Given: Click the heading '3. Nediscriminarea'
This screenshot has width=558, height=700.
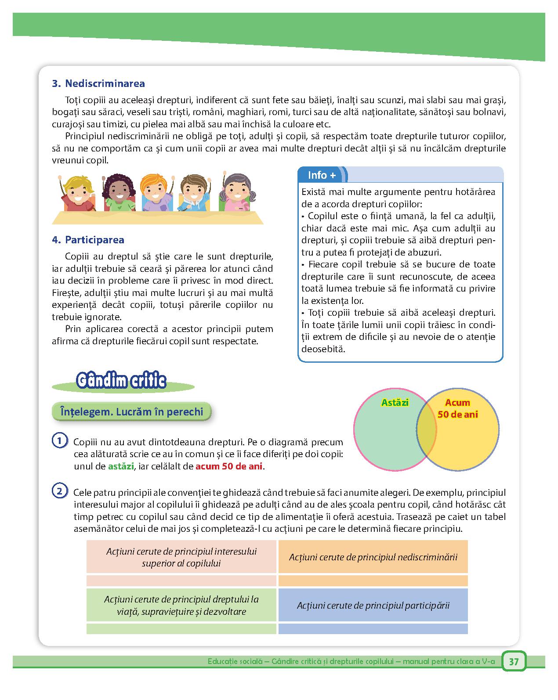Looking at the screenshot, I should [98, 83].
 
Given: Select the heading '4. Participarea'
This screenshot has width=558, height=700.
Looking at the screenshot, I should [88, 240].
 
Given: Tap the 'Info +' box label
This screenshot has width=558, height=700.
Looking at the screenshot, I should [322, 175].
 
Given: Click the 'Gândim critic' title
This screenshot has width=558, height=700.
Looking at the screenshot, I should [121, 381].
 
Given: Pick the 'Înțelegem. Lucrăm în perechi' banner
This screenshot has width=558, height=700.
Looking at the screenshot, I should [131, 412].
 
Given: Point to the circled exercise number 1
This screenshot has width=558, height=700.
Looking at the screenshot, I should [59, 440].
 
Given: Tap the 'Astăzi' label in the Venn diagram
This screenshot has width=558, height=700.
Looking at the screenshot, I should [395, 402].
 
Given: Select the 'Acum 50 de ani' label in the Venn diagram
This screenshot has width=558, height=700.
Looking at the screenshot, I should [457, 408].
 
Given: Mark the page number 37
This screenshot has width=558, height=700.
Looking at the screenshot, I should [514, 662].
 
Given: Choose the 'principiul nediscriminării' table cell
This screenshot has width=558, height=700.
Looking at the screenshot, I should [373, 557].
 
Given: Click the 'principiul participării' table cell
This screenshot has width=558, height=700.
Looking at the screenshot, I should [373, 605].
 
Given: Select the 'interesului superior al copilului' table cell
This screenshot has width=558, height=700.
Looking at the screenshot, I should [181, 557].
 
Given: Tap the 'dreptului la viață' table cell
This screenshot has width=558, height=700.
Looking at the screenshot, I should [181, 605].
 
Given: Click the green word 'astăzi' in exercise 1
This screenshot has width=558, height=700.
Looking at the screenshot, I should [121, 466].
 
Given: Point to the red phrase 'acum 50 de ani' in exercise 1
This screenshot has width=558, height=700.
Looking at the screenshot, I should [229, 466].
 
